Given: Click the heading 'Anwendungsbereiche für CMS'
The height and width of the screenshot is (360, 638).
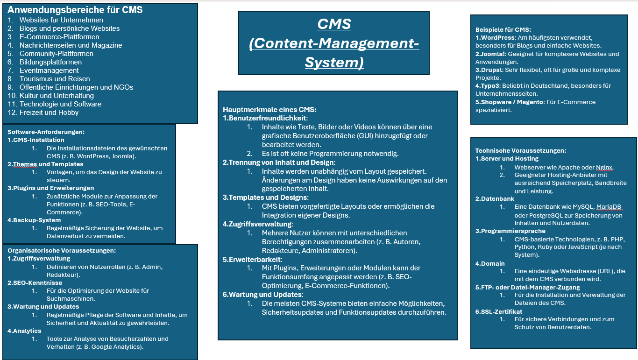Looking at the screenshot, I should click(75, 10).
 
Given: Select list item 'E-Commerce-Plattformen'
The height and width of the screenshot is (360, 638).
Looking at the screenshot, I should click(59, 37).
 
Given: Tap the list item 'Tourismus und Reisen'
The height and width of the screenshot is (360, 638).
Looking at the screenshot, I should click(55, 79).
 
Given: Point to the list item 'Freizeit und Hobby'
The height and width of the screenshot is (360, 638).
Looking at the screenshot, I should click(49, 113).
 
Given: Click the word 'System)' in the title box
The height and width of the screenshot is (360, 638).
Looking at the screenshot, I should click(334, 62).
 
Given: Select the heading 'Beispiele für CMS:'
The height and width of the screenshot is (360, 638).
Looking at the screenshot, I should click(503, 29).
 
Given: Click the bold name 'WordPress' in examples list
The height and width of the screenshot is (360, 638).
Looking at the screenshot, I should click(497, 37).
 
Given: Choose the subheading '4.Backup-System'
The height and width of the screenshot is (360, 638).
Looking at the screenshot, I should click(34, 220).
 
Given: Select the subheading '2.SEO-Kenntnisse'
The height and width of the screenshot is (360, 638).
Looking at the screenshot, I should click(35, 282).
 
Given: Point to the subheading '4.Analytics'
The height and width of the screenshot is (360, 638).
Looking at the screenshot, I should click(25, 331).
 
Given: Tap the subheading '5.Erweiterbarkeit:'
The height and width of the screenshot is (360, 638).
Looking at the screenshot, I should click(252, 259).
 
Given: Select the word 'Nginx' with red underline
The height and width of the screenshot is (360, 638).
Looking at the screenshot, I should click(604, 167).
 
